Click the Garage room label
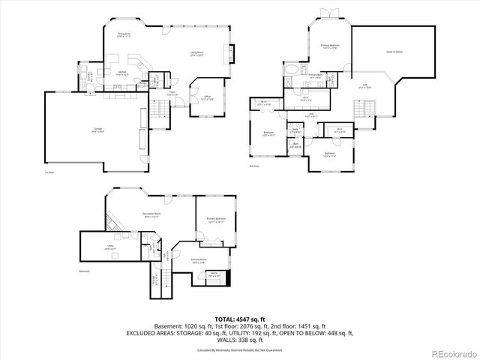[x=95, y=130]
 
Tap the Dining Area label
[x=124, y=34]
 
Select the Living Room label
[x=197, y=52]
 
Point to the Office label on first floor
[x=208, y=97]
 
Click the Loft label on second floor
[x=364, y=85]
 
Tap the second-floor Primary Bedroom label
[x=331, y=46]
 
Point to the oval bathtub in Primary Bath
[x=291, y=75]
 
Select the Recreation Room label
[x=153, y=214]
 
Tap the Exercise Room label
[x=199, y=262]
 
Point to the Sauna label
[x=214, y=274]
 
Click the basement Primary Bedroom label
[x=216, y=220]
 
